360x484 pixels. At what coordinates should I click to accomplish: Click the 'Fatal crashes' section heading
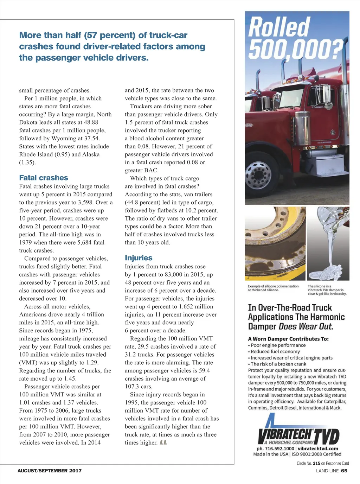[x=44, y=178]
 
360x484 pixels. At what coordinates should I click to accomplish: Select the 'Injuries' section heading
[x=139, y=258]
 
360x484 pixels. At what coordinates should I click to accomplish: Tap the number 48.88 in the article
[x=90, y=122]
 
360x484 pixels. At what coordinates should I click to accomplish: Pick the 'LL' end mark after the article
[x=163, y=442]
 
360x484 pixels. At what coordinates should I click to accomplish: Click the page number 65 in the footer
[x=344, y=471]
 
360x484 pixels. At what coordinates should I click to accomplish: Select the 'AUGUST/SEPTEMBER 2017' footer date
[x=50, y=471]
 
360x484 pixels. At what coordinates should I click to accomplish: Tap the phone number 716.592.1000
[x=279, y=448]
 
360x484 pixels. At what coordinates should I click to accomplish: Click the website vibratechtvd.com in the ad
[x=318, y=448]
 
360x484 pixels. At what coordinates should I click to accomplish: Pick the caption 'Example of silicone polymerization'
[x=273, y=286]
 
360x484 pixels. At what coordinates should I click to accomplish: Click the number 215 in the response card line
[x=316, y=463]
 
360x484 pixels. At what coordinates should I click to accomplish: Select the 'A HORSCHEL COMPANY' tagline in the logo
[x=289, y=442]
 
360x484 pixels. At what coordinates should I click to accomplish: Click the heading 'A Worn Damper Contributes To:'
[x=288, y=339]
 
